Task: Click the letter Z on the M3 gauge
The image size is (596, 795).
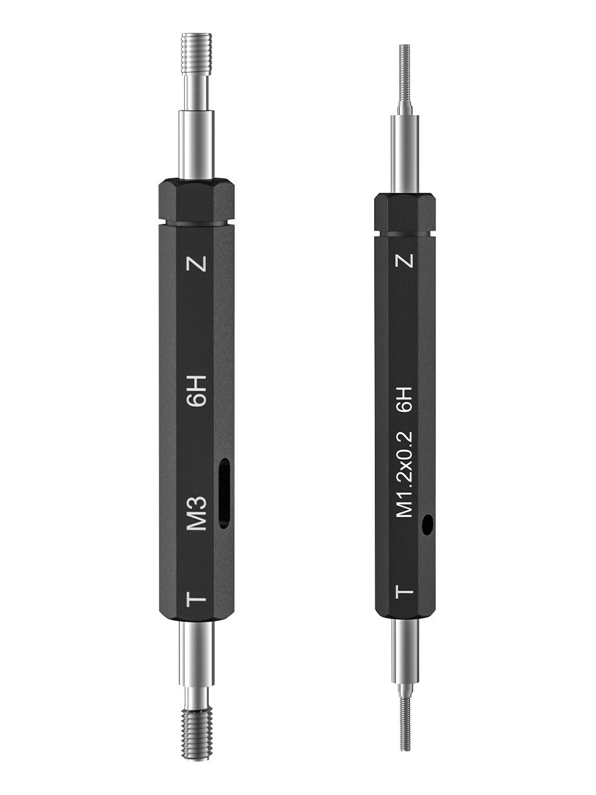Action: [197, 264]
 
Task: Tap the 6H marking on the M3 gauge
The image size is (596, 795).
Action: [198, 391]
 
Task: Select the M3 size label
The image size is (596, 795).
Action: [197, 513]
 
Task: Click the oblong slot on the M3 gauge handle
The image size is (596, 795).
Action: [224, 494]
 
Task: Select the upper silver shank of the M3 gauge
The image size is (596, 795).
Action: [197, 144]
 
